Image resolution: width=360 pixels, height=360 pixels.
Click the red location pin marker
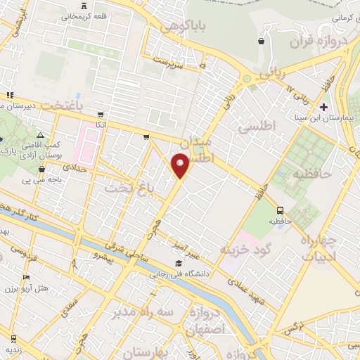180,165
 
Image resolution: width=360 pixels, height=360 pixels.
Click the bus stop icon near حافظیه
281,210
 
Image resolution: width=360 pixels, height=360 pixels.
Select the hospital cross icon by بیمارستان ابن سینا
323,107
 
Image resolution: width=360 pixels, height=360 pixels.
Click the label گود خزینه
245,249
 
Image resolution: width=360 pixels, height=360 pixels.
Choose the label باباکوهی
184,26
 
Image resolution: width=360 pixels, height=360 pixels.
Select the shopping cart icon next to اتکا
101,114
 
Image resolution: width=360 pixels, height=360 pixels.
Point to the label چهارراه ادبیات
319,248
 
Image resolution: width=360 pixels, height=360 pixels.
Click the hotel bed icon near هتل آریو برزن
26,278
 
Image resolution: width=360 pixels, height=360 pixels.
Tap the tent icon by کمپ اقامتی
40,134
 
